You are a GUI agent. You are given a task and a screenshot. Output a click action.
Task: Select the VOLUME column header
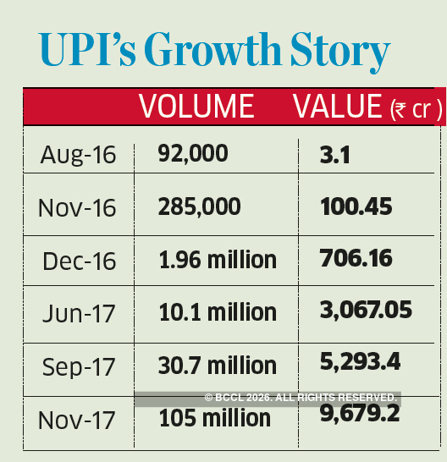[196, 106]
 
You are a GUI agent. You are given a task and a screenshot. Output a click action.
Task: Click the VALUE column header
[338, 106]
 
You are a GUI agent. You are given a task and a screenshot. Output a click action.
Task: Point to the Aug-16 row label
[78, 155]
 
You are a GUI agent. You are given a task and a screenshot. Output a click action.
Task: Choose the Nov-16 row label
[78, 208]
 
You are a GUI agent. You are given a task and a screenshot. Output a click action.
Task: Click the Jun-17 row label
[78, 314]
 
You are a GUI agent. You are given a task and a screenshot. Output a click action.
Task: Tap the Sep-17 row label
[78, 366]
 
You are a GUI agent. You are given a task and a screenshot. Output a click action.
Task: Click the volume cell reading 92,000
[193, 153]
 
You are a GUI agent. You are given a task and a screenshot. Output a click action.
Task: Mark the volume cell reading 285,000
[199, 206]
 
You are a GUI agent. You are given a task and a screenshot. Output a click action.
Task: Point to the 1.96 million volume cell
[218, 259]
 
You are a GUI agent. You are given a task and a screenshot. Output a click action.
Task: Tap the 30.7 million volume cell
[218, 365]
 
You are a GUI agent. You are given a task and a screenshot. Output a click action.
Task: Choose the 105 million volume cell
[214, 417]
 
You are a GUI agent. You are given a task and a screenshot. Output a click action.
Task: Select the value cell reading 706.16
[356, 258]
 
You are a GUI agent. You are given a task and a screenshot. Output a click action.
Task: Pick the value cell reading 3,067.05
[366, 311]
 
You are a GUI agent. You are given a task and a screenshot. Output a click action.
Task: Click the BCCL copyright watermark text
[301, 397]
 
